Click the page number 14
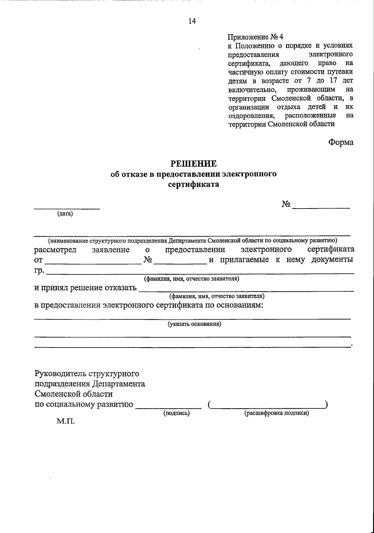pos(192,21)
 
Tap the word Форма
pos(341,142)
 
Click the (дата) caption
pos(65,214)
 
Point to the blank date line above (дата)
pos(67,208)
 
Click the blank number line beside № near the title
pos(321,208)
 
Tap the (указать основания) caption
pos(194,324)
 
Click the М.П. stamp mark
pos(65,422)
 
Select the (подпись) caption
pos(177,413)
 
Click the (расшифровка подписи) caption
pos(276,413)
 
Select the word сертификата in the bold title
pos(193,185)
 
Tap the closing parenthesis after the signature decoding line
pos(326,405)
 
